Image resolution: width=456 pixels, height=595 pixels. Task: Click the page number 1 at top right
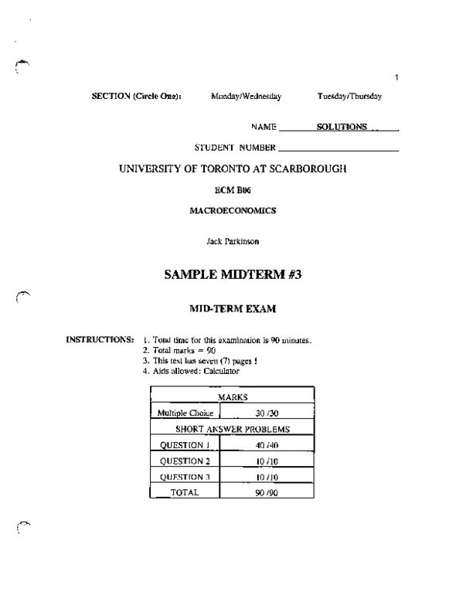click(x=396, y=76)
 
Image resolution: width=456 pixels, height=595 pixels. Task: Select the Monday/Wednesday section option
click(x=246, y=97)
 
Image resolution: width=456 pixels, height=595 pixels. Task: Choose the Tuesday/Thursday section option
click(x=349, y=97)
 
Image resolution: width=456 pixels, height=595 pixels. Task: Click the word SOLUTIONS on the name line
click(x=342, y=127)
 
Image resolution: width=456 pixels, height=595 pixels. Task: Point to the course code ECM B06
click(x=233, y=190)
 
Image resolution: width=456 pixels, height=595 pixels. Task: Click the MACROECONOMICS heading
click(x=233, y=210)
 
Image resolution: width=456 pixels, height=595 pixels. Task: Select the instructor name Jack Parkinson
click(x=233, y=241)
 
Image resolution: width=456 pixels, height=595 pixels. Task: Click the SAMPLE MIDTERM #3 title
click(x=233, y=276)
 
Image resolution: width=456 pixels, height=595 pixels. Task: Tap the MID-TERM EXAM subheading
click(x=233, y=309)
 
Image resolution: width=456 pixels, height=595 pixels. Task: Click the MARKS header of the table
click(x=233, y=396)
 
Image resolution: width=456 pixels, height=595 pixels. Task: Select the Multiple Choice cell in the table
click(x=185, y=413)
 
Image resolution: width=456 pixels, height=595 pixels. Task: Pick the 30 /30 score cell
click(x=267, y=413)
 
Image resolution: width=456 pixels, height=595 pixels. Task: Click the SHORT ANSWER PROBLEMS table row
click(x=233, y=429)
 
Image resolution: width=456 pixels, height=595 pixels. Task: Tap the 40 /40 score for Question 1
click(x=267, y=445)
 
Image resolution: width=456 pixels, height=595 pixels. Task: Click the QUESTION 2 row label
click(x=185, y=461)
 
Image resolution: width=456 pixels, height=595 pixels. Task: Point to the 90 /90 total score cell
click(x=267, y=492)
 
